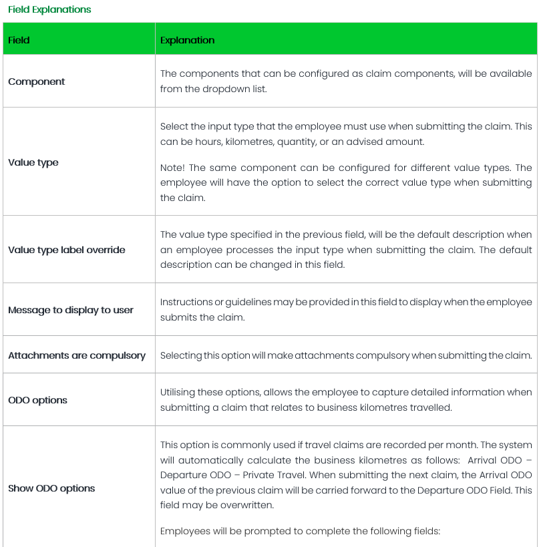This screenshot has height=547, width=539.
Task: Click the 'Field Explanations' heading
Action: [49, 9]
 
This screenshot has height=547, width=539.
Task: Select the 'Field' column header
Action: [19, 40]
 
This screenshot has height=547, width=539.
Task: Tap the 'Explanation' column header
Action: [188, 40]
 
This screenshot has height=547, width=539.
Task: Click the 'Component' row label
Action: [37, 81]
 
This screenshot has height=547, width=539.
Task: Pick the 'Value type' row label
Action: [33, 162]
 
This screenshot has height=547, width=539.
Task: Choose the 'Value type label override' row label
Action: [67, 250]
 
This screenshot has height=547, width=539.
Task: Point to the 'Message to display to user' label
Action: [71, 310]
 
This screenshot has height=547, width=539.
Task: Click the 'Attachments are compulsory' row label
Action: [77, 355]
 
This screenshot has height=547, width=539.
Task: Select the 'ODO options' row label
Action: [38, 400]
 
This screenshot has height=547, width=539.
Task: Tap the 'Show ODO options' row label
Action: [51, 488]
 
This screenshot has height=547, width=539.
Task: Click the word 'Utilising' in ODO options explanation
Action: [178, 392]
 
